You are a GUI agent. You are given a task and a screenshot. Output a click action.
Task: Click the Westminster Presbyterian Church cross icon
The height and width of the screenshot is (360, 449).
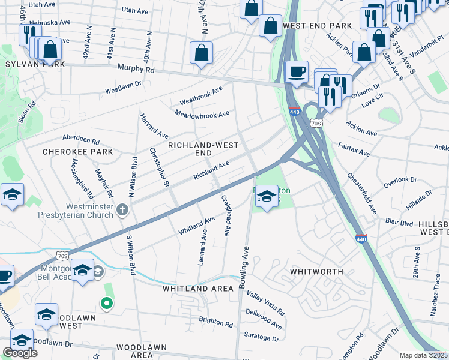point(123,209)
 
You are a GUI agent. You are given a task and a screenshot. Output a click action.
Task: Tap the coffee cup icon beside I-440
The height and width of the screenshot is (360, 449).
point(296,71)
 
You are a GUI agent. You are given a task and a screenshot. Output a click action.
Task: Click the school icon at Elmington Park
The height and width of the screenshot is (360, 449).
point(267,198)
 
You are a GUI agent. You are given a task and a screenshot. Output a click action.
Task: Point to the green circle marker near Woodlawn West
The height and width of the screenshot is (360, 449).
point(107,304)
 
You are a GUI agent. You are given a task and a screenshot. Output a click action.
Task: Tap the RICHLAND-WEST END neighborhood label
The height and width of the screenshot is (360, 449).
point(203,149)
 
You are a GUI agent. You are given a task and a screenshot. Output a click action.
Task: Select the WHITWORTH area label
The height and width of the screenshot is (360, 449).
point(317,271)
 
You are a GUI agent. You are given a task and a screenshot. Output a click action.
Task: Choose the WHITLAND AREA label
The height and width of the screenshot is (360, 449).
point(197,289)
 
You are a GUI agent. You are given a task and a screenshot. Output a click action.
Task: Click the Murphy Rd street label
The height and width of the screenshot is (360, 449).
point(136,70)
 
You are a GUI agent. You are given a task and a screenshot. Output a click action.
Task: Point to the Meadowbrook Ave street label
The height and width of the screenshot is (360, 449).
point(202,113)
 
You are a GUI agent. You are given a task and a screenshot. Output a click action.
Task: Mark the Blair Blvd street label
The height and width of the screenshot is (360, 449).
point(399,222)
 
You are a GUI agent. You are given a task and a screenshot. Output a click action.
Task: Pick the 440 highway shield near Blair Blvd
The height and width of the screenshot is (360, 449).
point(361,239)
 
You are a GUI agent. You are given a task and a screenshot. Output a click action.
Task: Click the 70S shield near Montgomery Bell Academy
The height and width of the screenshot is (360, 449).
point(62,256)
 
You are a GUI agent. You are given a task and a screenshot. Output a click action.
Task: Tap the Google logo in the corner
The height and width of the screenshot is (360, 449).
point(20,353)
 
